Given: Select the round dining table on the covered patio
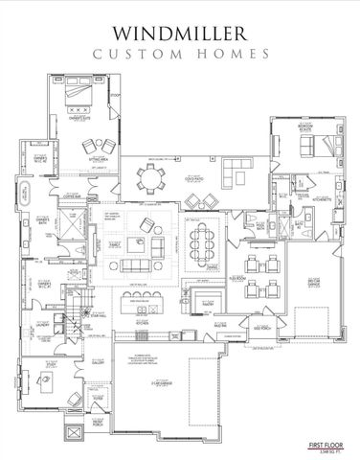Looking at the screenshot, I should (x=151, y=177).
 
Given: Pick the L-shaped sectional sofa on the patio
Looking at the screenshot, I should (x=235, y=172).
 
